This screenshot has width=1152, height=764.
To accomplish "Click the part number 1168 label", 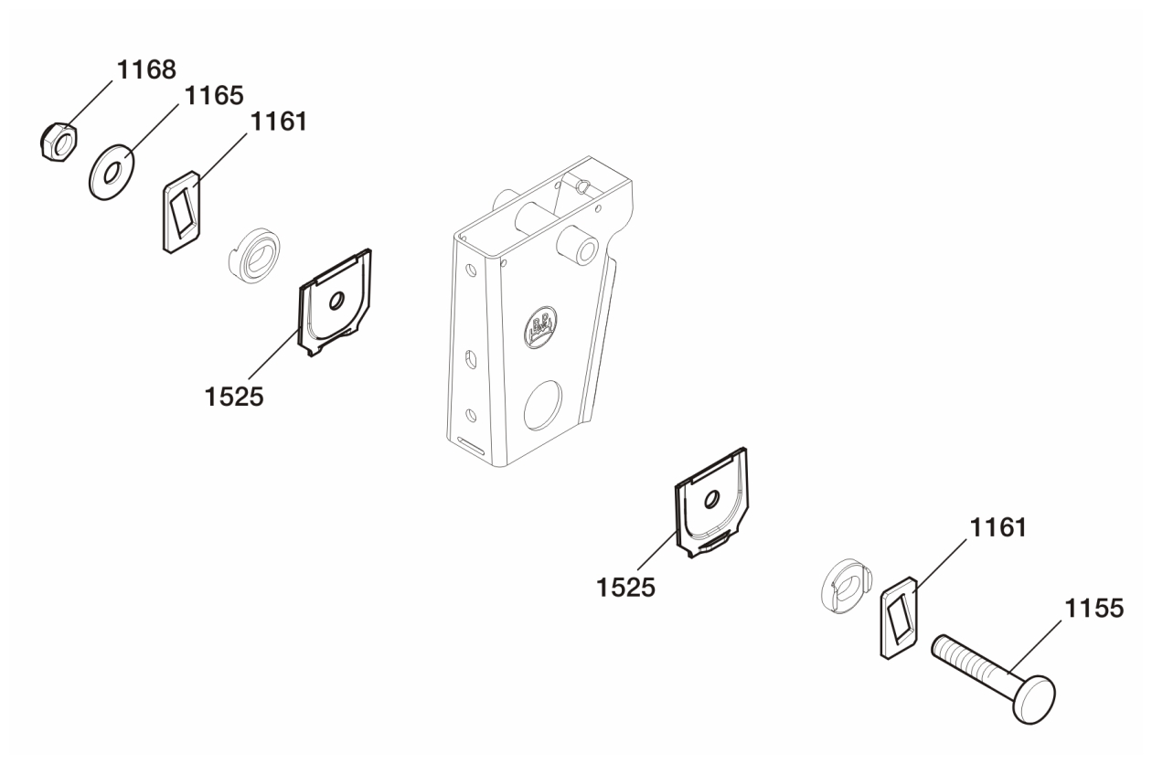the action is coord(146,69).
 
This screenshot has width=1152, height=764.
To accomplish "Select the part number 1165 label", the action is coord(214,96).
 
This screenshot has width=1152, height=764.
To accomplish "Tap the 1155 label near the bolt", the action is coord(1093,609).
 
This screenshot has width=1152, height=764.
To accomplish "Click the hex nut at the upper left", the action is coord(59,142).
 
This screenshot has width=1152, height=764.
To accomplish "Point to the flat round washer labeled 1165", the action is coord(112,172).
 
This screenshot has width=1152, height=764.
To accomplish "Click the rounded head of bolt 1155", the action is coord(1034,700).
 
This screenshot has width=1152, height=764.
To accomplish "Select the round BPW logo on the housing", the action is coord(540,327).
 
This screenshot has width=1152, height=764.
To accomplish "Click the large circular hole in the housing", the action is coord(543,406).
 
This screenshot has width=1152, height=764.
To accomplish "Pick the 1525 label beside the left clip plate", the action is coord(234,397).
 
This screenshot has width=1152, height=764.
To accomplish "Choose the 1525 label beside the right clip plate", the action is coord(626,588).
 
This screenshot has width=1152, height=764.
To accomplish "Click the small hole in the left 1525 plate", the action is coord(336,301).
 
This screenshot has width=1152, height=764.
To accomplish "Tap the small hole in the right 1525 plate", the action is coord(712,499).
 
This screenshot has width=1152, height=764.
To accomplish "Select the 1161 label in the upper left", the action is coord(278,122).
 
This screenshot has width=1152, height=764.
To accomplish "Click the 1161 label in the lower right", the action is coord(997,527).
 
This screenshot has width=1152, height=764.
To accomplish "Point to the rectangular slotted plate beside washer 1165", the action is coord(182,212).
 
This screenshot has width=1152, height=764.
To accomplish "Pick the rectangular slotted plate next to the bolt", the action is coord(899,618).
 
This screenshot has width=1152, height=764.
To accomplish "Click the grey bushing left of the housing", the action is coord(254,254).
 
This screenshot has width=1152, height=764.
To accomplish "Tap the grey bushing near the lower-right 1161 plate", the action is coord(846,586).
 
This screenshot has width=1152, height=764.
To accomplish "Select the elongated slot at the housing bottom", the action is coord(471,445).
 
